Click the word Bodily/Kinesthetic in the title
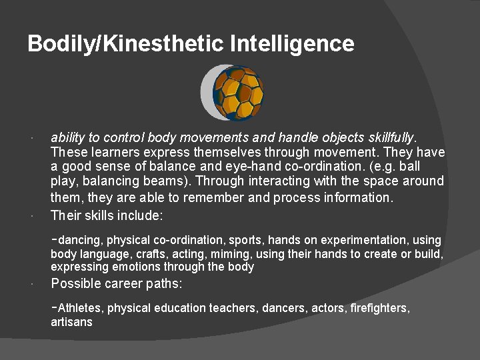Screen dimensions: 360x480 coord(126,45)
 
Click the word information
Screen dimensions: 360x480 coord(361,197)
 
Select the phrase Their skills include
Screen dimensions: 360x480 coord(107,215)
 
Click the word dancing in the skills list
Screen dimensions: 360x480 coord(81,240)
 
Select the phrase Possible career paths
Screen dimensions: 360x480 coord(117,283)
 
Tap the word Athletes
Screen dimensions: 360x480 coord(81,308)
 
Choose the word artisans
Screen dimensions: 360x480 coord(71,322)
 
